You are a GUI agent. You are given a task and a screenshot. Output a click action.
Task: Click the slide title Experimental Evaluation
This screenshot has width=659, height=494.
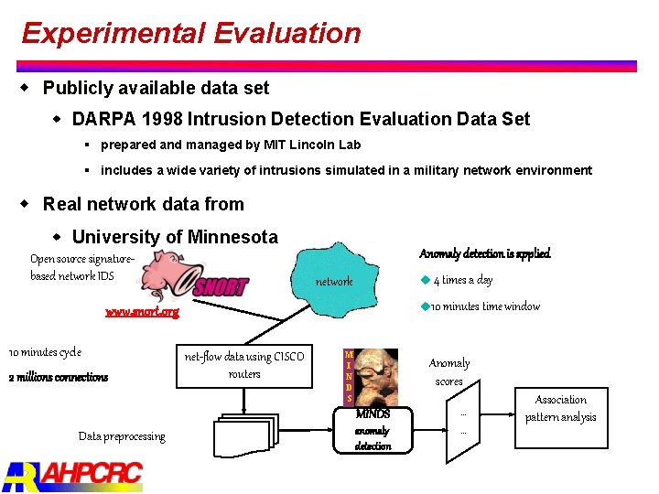[x=191, y=34]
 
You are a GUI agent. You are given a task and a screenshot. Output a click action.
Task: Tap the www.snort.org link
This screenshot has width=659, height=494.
[x=142, y=312]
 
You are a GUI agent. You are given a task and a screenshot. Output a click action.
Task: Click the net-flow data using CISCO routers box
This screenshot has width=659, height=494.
[x=243, y=365]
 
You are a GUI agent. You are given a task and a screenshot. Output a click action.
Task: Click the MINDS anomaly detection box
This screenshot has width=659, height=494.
[x=372, y=431]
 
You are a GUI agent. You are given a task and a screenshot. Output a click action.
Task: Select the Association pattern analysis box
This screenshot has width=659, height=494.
[x=560, y=409]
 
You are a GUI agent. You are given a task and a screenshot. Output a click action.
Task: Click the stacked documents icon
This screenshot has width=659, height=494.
[x=245, y=438]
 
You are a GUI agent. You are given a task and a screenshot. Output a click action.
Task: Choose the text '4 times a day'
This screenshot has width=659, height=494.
[x=462, y=280]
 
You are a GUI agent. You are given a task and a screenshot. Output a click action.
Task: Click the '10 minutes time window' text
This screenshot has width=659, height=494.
[x=484, y=306]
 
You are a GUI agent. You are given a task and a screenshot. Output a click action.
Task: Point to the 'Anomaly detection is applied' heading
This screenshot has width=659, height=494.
[x=484, y=253]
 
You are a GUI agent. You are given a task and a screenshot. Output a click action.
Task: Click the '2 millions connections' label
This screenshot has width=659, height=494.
[x=59, y=377]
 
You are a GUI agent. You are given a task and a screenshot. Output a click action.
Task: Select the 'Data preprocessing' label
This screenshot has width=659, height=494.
[x=122, y=436]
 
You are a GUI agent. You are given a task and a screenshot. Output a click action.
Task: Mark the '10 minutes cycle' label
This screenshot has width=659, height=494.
[x=45, y=352]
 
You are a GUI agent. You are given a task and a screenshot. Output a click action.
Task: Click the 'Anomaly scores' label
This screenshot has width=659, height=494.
[x=448, y=372]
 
